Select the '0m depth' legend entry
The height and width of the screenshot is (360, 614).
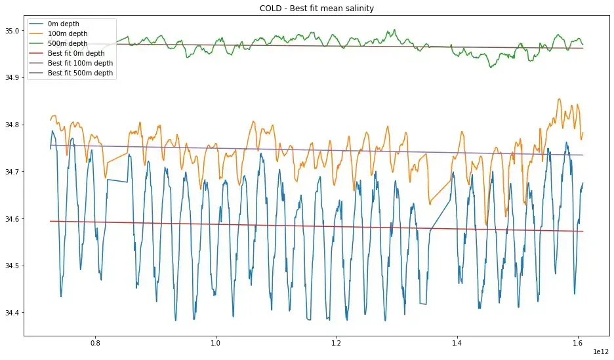click(x=64, y=24)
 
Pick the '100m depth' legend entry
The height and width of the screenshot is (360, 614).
click(x=68, y=34)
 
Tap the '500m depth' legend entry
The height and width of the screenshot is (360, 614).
click(x=68, y=44)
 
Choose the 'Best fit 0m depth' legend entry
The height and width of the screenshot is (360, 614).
click(x=76, y=54)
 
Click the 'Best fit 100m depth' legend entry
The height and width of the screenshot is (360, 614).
click(x=80, y=64)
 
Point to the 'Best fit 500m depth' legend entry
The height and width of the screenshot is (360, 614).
click(x=80, y=73)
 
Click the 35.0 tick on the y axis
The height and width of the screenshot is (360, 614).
click(x=12, y=31)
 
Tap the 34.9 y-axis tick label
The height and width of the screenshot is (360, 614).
click(x=12, y=78)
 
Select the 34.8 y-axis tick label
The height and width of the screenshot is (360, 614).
click(x=12, y=125)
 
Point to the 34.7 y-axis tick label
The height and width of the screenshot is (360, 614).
click(x=12, y=172)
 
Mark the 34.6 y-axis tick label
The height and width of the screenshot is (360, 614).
click(x=12, y=219)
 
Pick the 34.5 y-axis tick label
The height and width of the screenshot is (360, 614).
click(x=12, y=266)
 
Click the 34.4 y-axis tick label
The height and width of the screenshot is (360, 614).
click(x=12, y=313)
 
